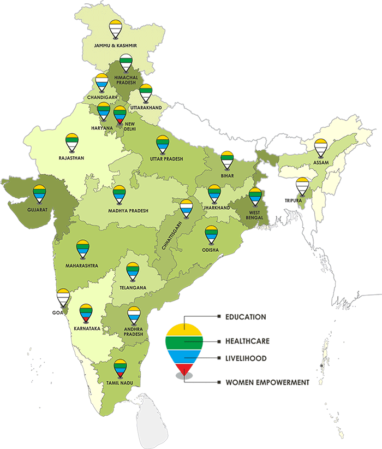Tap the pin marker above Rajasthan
71,143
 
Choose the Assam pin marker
321,148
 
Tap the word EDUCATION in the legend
246,317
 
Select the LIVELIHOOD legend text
246,358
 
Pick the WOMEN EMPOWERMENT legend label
267,382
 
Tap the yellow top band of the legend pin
184,330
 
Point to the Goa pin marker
64,297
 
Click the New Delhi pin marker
120,115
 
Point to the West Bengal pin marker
255,197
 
